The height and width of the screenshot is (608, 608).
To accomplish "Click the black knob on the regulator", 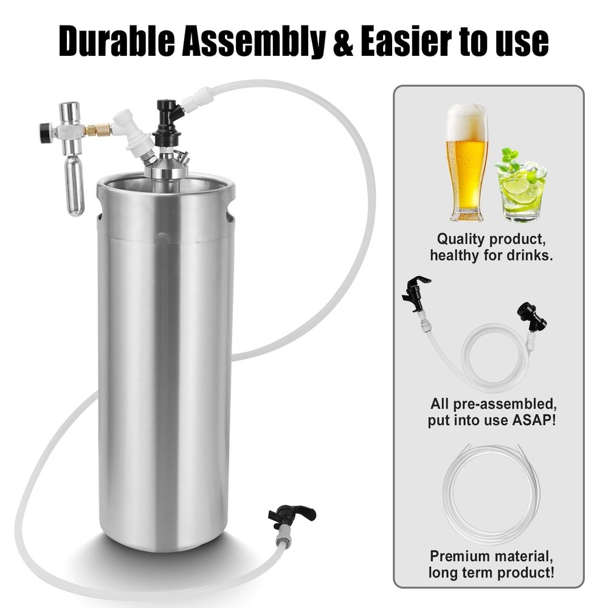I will coord(44,132).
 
